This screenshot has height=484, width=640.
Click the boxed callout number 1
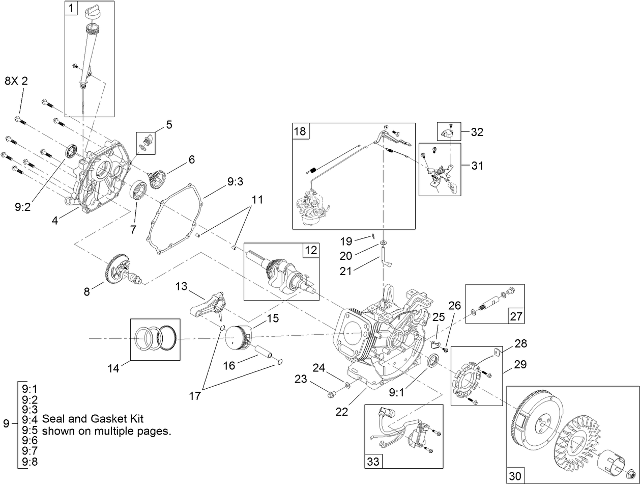pyautogui.click(x=71, y=8)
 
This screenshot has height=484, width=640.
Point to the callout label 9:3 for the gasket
pyautogui.click(x=235, y=181)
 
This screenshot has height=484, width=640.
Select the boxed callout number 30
pyautogui.click(x=515, y=476)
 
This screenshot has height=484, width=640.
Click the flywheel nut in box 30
pyautogui.click(x=629, y=472)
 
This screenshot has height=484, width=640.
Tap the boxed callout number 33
pyautogui.click(x=373, y=461)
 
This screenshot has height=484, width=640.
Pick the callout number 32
pyautogui.click(x=477, y=132)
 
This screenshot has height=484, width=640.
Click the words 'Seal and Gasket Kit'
pyautogui.click(x=93, y=419)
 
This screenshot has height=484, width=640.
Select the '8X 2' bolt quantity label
pyautogui.click(x=16, y=81)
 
